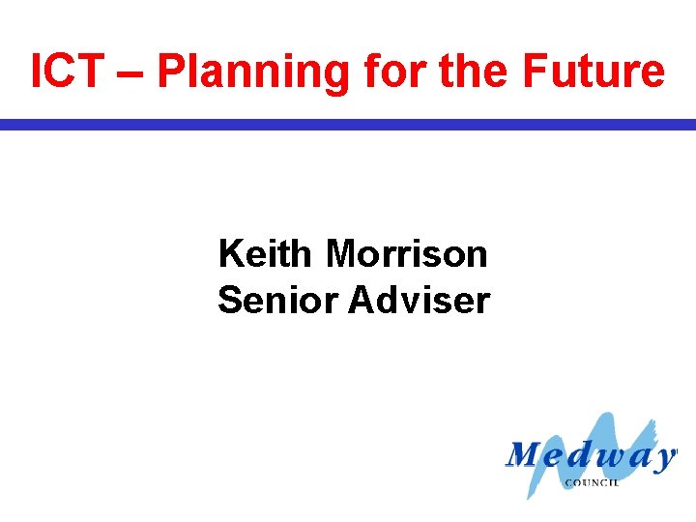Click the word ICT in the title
pyautogui.click(x=65, y=72)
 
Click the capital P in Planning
pyautogui.click(x=169, y=72)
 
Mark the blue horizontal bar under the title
pyautogui.click(x=348, y=125)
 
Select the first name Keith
pyautogui.click(x=266, y=254)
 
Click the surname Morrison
pyautogui.click(x=407, y=254)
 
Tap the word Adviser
pyautogui.click(x=420, y=301)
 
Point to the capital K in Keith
pyautogui.click(x=230, y=254)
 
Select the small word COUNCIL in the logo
pyautogui.click(x=592, y=481)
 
